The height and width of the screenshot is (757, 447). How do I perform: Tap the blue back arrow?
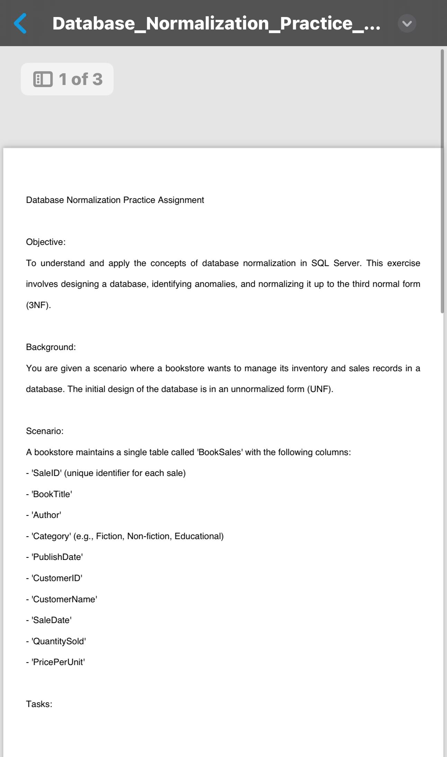point(20,23)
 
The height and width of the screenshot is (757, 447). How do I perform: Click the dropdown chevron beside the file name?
point(407,23)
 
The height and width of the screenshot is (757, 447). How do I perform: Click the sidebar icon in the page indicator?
point(43,79)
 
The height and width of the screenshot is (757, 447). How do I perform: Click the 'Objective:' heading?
point(46,242)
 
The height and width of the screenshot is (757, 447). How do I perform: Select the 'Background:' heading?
point(51,347)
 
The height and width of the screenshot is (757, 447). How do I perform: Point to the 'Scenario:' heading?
point(45,431)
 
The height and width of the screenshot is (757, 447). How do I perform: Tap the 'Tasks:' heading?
point(39,704)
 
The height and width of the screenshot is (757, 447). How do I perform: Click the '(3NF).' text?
point(38,305)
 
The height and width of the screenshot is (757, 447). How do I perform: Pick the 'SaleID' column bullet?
point(106,473)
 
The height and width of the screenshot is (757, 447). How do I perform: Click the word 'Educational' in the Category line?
point(198,536)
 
